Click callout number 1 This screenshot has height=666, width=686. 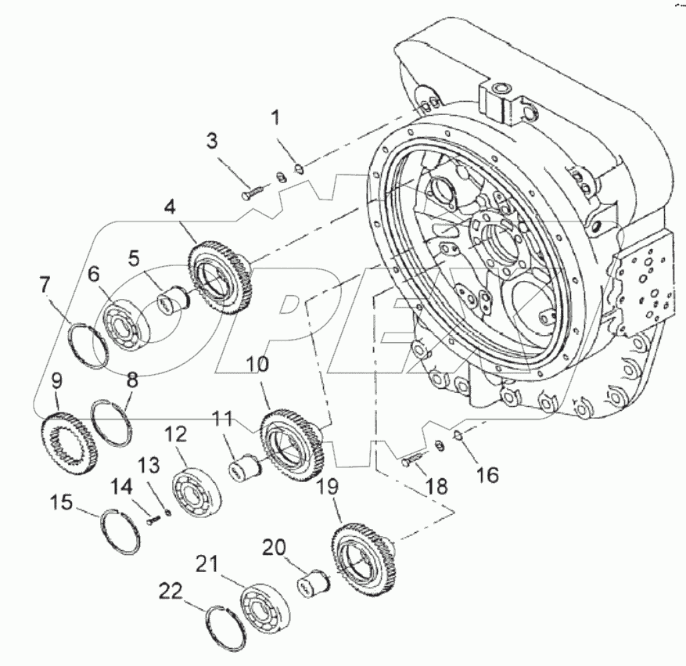click(274, 118)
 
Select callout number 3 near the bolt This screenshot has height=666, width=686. click(212, 142)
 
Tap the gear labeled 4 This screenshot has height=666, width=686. click(219, 278)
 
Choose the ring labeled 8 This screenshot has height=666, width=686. click(111, 422)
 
